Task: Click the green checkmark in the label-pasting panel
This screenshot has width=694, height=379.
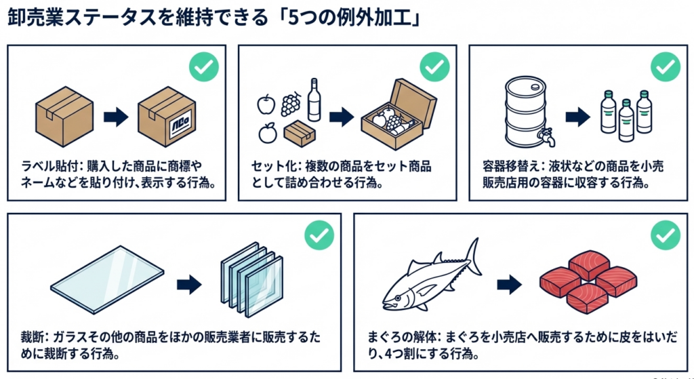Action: tap(202, 66)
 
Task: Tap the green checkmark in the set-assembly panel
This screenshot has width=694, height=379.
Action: tap(434, 66)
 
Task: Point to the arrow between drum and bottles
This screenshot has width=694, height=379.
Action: tap(577, 117)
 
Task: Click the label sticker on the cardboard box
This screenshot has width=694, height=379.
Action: tap(181, 128)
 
